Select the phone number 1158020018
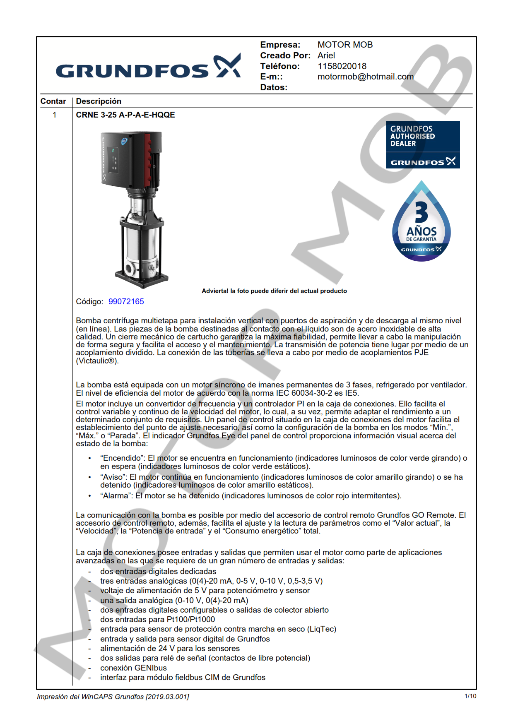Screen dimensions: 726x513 (x=342, y=66)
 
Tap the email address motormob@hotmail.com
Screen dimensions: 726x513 (x=365, y=77)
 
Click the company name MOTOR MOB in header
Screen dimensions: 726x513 (x=345, y=45)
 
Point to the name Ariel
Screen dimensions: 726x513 (x=326, y=55)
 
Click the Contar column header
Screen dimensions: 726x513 (x=53, y=101)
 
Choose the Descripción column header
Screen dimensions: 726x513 (x=99, y=101)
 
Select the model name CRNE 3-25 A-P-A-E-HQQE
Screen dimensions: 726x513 (x=125, y=115)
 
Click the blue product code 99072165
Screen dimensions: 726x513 (x=126, y=302)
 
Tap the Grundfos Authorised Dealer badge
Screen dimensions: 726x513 (x=422, y=144)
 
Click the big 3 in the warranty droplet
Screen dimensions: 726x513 (x=421, y=213)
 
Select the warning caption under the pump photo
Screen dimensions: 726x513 (x=274, y=291)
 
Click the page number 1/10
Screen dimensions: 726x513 (x=470, y=696)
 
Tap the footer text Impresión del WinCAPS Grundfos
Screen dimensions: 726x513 (x=113, y=697)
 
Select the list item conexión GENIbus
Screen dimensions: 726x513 (x=133, y=668)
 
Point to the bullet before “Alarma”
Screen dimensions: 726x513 (x=89, y=496)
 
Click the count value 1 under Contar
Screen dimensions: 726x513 (x=54, y=115)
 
